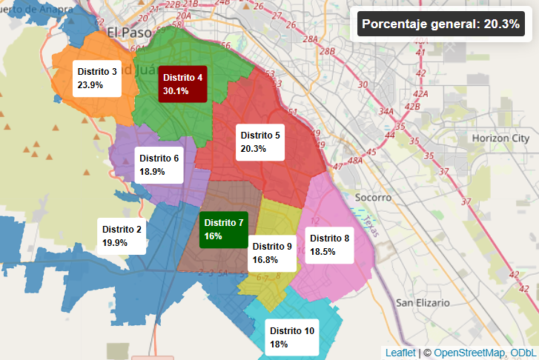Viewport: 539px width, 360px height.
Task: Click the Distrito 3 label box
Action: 97,78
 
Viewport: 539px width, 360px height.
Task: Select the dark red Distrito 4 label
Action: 182,84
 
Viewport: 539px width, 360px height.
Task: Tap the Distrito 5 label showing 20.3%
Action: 259,142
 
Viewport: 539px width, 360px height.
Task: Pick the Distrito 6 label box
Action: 159,164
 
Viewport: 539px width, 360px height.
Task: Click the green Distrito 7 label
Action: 223,229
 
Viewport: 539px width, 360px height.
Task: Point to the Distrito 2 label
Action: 122,236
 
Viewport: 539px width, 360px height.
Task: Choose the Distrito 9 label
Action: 272,253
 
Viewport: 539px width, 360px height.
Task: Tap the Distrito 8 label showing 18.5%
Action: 329,244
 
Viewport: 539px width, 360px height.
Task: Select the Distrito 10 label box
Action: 292,337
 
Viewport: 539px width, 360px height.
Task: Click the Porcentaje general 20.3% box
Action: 440,24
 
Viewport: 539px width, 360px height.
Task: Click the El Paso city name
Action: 129,33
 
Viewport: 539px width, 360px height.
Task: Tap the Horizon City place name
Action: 500,139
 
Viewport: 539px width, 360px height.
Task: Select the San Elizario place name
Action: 423,303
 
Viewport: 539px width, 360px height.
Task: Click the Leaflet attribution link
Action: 400,353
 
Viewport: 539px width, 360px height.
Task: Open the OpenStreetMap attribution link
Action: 469,353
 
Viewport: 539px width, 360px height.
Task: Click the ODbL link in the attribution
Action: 522,353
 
